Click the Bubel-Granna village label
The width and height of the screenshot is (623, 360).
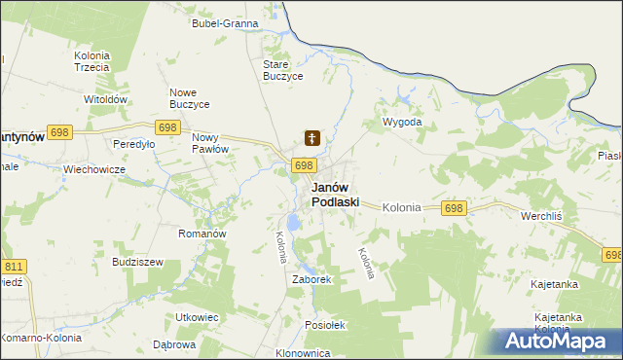pos(225,22)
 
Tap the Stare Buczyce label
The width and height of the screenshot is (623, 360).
pos(283,69)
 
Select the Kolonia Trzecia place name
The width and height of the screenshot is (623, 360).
pos(92,62)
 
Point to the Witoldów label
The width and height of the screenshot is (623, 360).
pos(106,99)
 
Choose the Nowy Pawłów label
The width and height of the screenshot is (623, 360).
pos(209,142)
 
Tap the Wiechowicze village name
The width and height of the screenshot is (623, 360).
pos(94,168)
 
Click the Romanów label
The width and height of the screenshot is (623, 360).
pos(202,234)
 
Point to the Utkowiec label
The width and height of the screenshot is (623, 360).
pos(196,317)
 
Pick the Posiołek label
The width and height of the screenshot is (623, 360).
pos(325,325)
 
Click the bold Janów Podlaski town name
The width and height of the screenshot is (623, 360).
pos(335,195)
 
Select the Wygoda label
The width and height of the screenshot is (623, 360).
pos(402,123)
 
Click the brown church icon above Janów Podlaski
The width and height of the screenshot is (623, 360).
pos(311,139)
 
